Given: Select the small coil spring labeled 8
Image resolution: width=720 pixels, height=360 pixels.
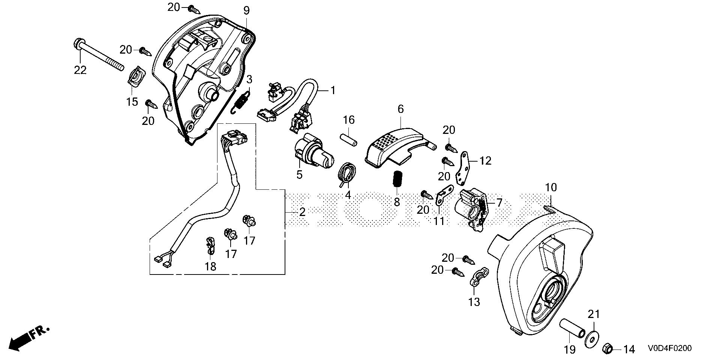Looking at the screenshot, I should point(397,178).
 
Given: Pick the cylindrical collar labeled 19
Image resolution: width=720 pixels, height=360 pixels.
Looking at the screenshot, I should point(571,328).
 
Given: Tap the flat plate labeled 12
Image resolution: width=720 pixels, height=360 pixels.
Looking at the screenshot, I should point(463,168).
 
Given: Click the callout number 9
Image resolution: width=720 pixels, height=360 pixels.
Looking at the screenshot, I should point(246,10).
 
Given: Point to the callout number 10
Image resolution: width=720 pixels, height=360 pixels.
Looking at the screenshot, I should point(551,187).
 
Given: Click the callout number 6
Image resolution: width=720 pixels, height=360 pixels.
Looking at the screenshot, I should point(400,109).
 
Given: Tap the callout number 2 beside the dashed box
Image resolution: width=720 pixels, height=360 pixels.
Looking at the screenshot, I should point(302,212).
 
